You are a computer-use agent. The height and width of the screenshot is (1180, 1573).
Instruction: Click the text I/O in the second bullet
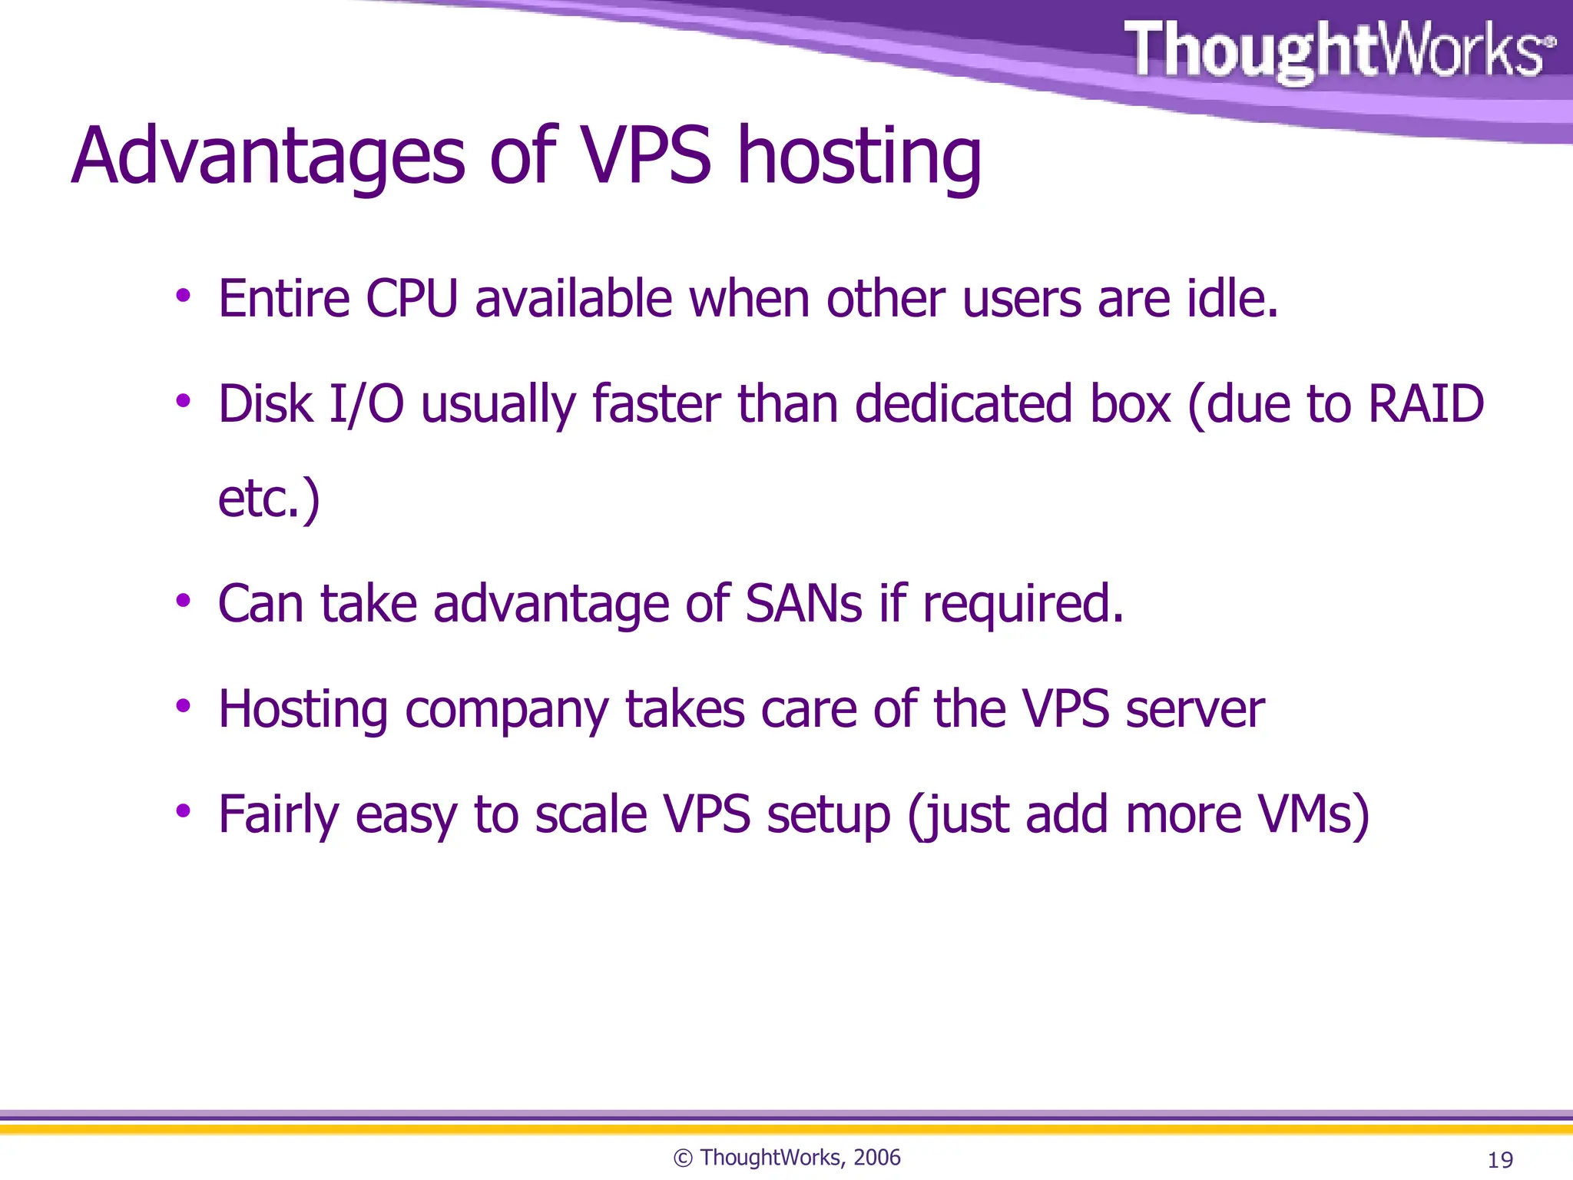point(366,404)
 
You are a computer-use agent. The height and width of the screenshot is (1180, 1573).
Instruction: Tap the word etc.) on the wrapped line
point(269,499)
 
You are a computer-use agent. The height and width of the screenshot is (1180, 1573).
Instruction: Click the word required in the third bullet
point(1023,605)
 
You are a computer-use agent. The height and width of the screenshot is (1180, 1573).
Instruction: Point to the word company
point(506,710)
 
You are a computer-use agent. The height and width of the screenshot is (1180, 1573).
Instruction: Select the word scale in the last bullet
point(591,814)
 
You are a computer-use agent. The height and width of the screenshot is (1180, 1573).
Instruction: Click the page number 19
point(1500,1159)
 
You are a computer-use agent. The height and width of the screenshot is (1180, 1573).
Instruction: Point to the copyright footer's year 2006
point(876,1158)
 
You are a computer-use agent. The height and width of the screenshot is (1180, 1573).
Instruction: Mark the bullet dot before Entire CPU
point(183,296)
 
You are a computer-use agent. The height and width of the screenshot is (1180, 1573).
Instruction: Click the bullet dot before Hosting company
point(183,706)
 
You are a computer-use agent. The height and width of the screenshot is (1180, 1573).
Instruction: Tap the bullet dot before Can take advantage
point(183,601)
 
